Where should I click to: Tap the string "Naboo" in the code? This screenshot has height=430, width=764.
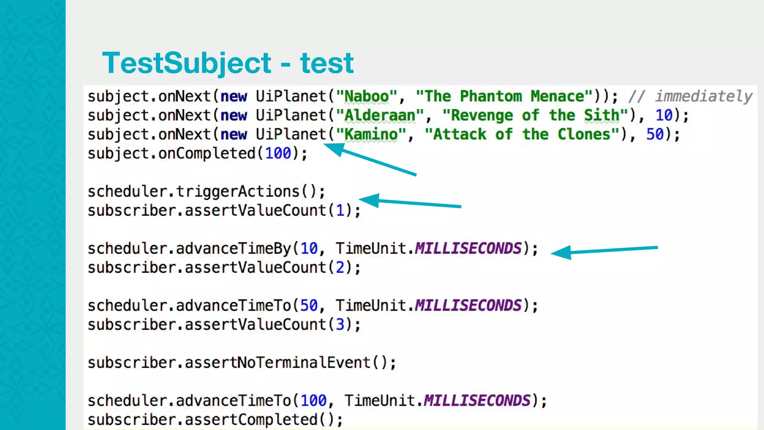click(366, 97)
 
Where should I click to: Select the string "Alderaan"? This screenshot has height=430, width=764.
click(379, 116)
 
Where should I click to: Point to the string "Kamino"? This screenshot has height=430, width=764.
click(371, 135)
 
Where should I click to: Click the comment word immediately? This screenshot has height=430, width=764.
click(704, 97)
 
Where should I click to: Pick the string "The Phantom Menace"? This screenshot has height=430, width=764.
click(504, 97)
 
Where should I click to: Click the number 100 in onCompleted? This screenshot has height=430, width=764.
click(278, 154)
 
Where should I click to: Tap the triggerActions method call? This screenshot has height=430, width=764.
click(238, 192)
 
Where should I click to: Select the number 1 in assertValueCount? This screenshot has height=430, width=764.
click(340, 211)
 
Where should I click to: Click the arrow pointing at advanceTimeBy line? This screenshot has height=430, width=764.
click(604, 250)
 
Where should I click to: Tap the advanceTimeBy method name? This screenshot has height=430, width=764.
click(233, 249)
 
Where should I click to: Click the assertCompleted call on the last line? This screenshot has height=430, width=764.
click(251, 420)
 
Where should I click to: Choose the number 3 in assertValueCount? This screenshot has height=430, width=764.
click(340, 325)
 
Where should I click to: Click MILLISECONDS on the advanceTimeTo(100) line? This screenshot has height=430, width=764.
click(477, 401)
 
